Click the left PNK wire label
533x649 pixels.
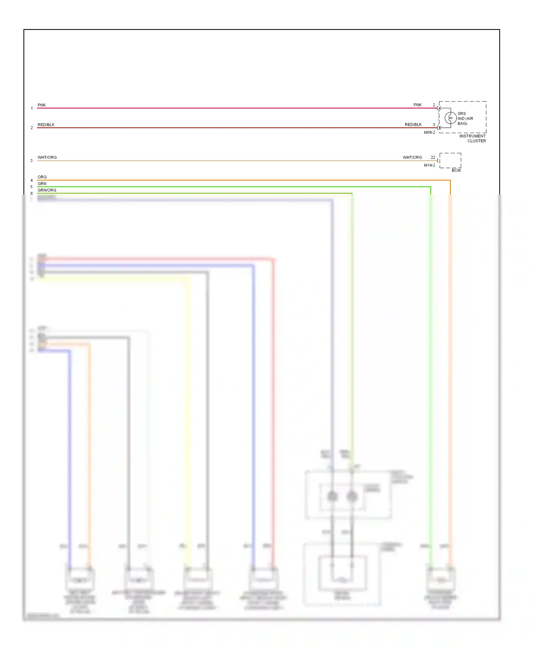point(42,105)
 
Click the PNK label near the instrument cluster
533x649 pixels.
point(418,105)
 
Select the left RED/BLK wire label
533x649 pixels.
point(46,125)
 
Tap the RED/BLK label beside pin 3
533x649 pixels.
point(413,125)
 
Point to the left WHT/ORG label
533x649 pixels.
point(47,158)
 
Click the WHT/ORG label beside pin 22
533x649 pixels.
point(412,157)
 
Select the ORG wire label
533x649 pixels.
point(42,177)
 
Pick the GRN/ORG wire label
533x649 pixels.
point(47,190)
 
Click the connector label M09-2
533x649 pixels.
point(429,132)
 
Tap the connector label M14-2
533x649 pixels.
point(429,165)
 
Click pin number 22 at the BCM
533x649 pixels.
point(433,157)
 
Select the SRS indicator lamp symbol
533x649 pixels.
point(451,118)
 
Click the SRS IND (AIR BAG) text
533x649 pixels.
point(465,119)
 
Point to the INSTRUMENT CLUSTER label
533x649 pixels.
point(473,138)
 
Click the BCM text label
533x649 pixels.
point(456,170)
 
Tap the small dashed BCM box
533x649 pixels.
point(450,160)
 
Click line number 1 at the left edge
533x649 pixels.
point(32,108)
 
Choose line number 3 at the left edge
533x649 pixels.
point(32,161)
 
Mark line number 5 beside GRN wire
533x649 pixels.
point(32,187)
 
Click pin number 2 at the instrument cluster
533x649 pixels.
point(434,105)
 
